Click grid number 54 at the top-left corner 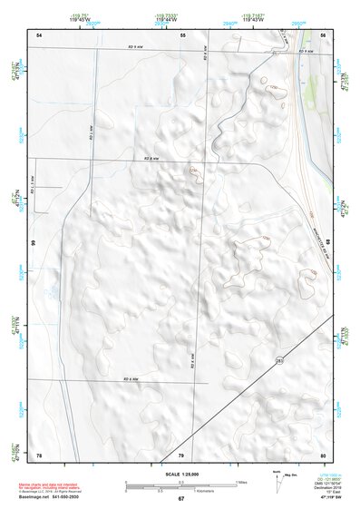(x=39, y=34)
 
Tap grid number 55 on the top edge (x=182, y=34)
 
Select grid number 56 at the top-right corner (x=323, y=34)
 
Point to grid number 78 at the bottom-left (x=39, y=454)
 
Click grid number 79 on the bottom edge (x=180, y=454)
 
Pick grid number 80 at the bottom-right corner (x=323, y=454)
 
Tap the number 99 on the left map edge (x=34, y=243)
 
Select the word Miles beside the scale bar (x=241, y=481)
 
